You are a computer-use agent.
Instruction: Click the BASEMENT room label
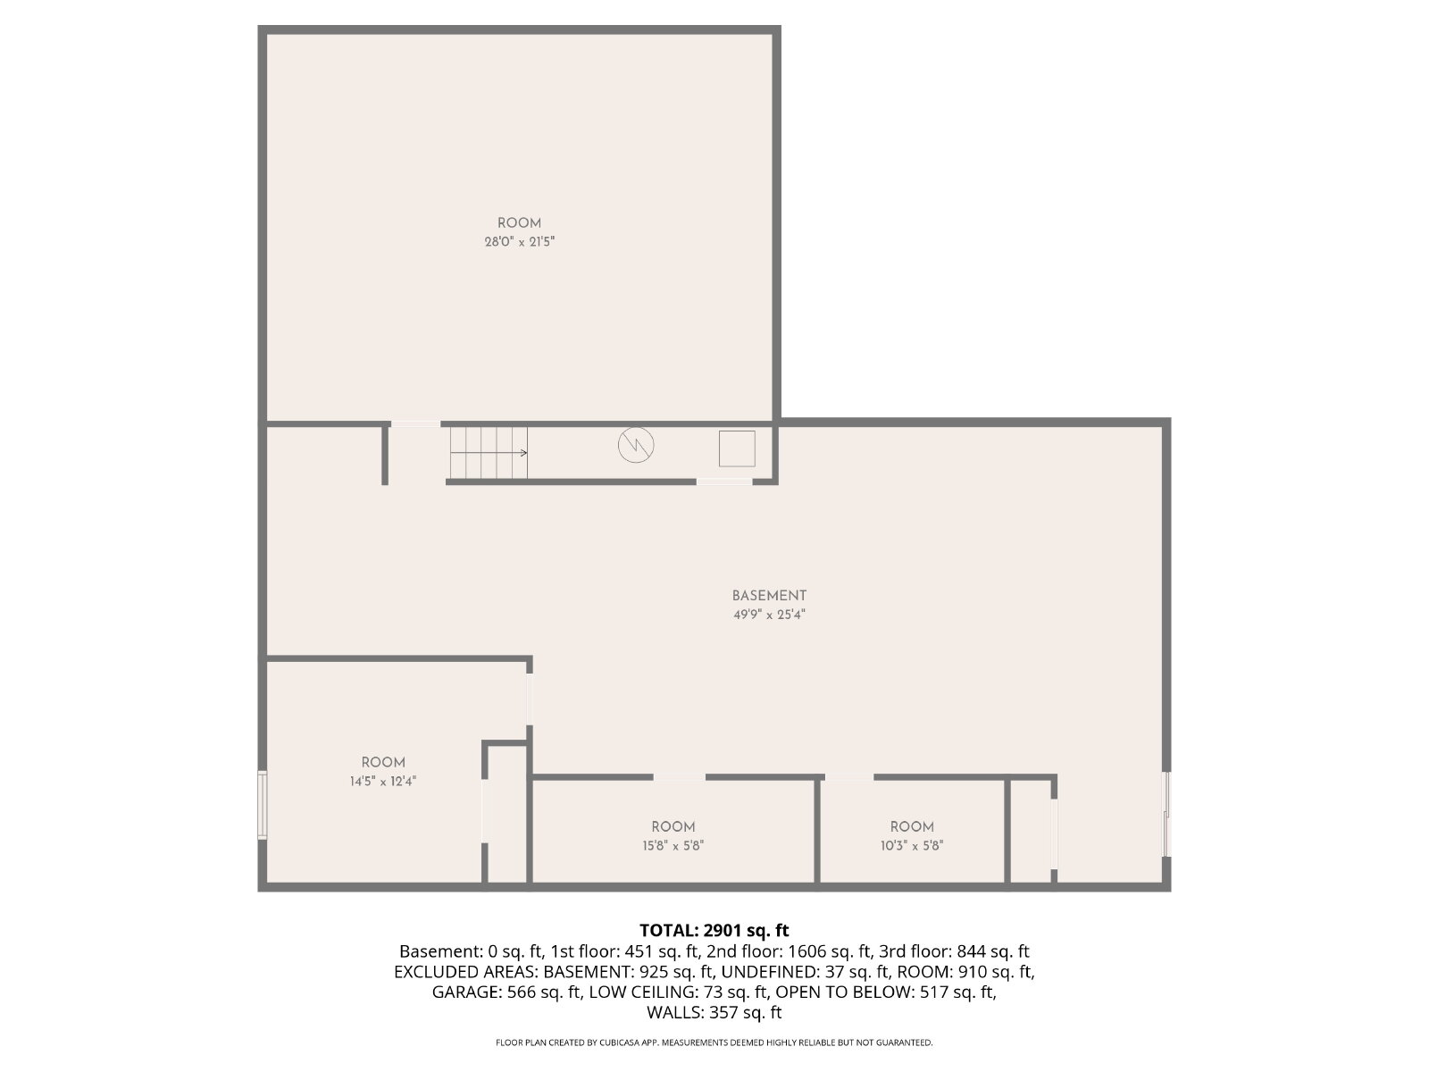coord(769,596)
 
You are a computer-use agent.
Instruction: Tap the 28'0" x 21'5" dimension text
coord(519,242)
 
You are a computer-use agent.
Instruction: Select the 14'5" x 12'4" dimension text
coord(383,781)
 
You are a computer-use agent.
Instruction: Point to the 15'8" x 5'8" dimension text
coord(673,845)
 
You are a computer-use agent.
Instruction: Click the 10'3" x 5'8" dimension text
coord(912,845)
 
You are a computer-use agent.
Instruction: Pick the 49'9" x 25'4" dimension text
coord(769,615)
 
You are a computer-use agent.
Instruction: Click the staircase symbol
coord(489,452)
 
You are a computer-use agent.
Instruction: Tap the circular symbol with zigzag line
coord(635,445)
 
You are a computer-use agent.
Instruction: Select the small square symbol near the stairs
coord(737,448)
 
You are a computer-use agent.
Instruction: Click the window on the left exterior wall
coord(263,805)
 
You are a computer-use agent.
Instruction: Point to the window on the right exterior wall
coord(1166,814)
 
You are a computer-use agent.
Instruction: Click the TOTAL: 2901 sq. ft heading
coord(714,930)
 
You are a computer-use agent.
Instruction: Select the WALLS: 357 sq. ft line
coord(714,1012)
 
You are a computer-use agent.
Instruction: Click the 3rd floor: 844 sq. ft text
coord(954,951)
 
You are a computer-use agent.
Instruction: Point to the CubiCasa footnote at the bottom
coord(714,1043)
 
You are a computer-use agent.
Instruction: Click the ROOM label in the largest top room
coord(519,223)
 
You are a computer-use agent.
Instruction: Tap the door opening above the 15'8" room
coord(679,776)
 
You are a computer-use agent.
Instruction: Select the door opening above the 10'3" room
coord(849,776)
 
